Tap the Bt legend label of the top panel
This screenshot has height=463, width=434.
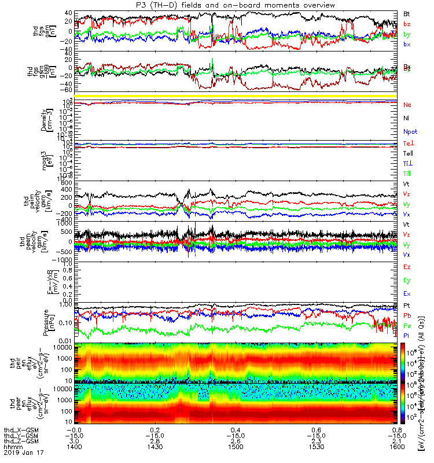coord(407,13)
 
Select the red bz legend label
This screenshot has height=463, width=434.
coord(407,24)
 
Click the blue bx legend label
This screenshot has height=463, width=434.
coord(407,45)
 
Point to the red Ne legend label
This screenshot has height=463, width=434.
coord(407,105)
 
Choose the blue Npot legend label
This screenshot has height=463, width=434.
coord(410,131)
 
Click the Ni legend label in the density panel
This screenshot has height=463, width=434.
coord(407,118)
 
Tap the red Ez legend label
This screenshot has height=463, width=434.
coord(407,267)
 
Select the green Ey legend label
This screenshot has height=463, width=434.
coord(407,281)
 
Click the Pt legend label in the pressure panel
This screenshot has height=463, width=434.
coord(407,305)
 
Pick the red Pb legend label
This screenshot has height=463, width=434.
coord(407,315)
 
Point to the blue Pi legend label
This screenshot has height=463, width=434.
coord(407,336)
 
